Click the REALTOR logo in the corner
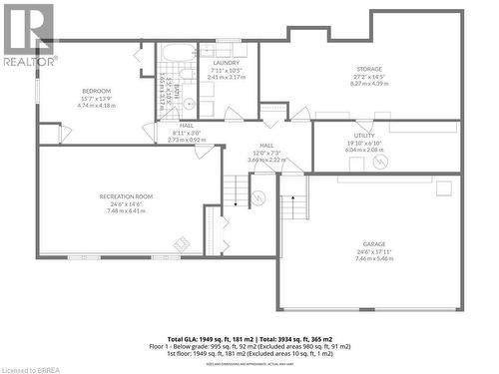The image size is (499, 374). [27, 34]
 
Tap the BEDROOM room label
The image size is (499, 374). [96, 92]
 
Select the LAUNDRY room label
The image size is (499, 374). [227, 62]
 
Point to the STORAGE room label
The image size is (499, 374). [367, 69]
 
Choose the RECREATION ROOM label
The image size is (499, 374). [126, 196]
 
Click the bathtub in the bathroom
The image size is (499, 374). [181, 55]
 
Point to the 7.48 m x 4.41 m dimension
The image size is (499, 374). [126, 210]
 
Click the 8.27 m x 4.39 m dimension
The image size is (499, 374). [367, 84]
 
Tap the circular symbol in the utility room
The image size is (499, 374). [384, 161]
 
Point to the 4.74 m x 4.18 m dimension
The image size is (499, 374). [96, 106]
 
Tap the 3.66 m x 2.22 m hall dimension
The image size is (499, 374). [266, 160]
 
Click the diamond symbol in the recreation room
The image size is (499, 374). [183, 241]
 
